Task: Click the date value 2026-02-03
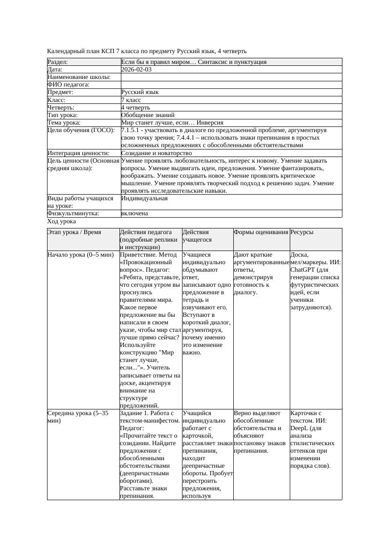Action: pyautogui.click(x=136, y=70)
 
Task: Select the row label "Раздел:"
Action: pyautogui.click(x=58, y=62)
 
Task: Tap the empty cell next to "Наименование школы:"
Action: pyautogui.click(x=230, y=77)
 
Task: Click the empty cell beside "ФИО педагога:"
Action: pyautogui.click(x=230, y=85)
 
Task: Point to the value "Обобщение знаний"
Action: pyautogui.click(x=148, y=115)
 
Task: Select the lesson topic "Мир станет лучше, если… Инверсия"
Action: pyautogui.click(x=172, y=122)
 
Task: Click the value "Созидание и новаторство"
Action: pyautogui.click(x=156, y=153)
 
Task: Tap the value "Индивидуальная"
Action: pyautogui.click(x=144, y=198)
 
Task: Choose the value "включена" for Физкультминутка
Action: pyautogui.click(x=135, y=213)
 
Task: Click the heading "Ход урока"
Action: pyautogui.click(x=62, y=221)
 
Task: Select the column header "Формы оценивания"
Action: pyautogui.click(x=261, y=232)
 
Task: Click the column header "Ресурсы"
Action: pyautogui.click(x=302, y=232)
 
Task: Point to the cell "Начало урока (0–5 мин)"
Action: pyautogui.click(x=80, y=255)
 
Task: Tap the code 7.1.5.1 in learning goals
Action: pyautogui.click(x=132, y=130)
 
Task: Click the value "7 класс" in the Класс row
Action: pyautogui.click(x=131, y=100)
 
